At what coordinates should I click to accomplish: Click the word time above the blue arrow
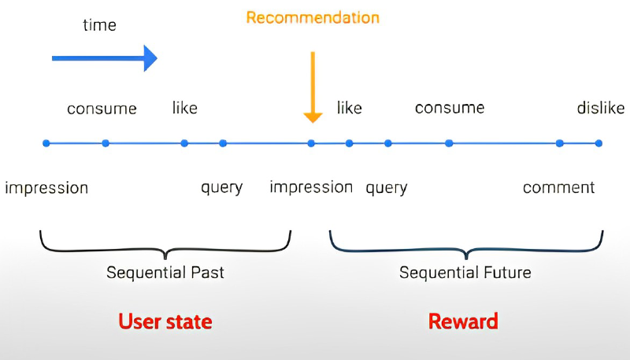100,25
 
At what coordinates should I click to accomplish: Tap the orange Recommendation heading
313,17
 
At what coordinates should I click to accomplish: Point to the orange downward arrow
313,87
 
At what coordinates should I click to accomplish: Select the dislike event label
601,108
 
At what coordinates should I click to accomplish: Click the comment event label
558,187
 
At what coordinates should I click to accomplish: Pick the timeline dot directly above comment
559,143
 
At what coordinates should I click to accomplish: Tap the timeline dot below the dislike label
598,143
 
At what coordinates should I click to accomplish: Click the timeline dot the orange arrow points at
311,143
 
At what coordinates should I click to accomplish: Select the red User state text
165,322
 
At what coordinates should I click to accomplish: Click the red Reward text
463,321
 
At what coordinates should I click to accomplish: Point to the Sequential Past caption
165,273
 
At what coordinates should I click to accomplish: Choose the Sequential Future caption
465,273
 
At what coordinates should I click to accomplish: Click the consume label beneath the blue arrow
102,109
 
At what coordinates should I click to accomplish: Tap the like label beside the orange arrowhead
349,108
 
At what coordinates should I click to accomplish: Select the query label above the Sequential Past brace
222,187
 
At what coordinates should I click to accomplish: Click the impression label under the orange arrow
311,187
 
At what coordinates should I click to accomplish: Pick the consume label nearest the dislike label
450,108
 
